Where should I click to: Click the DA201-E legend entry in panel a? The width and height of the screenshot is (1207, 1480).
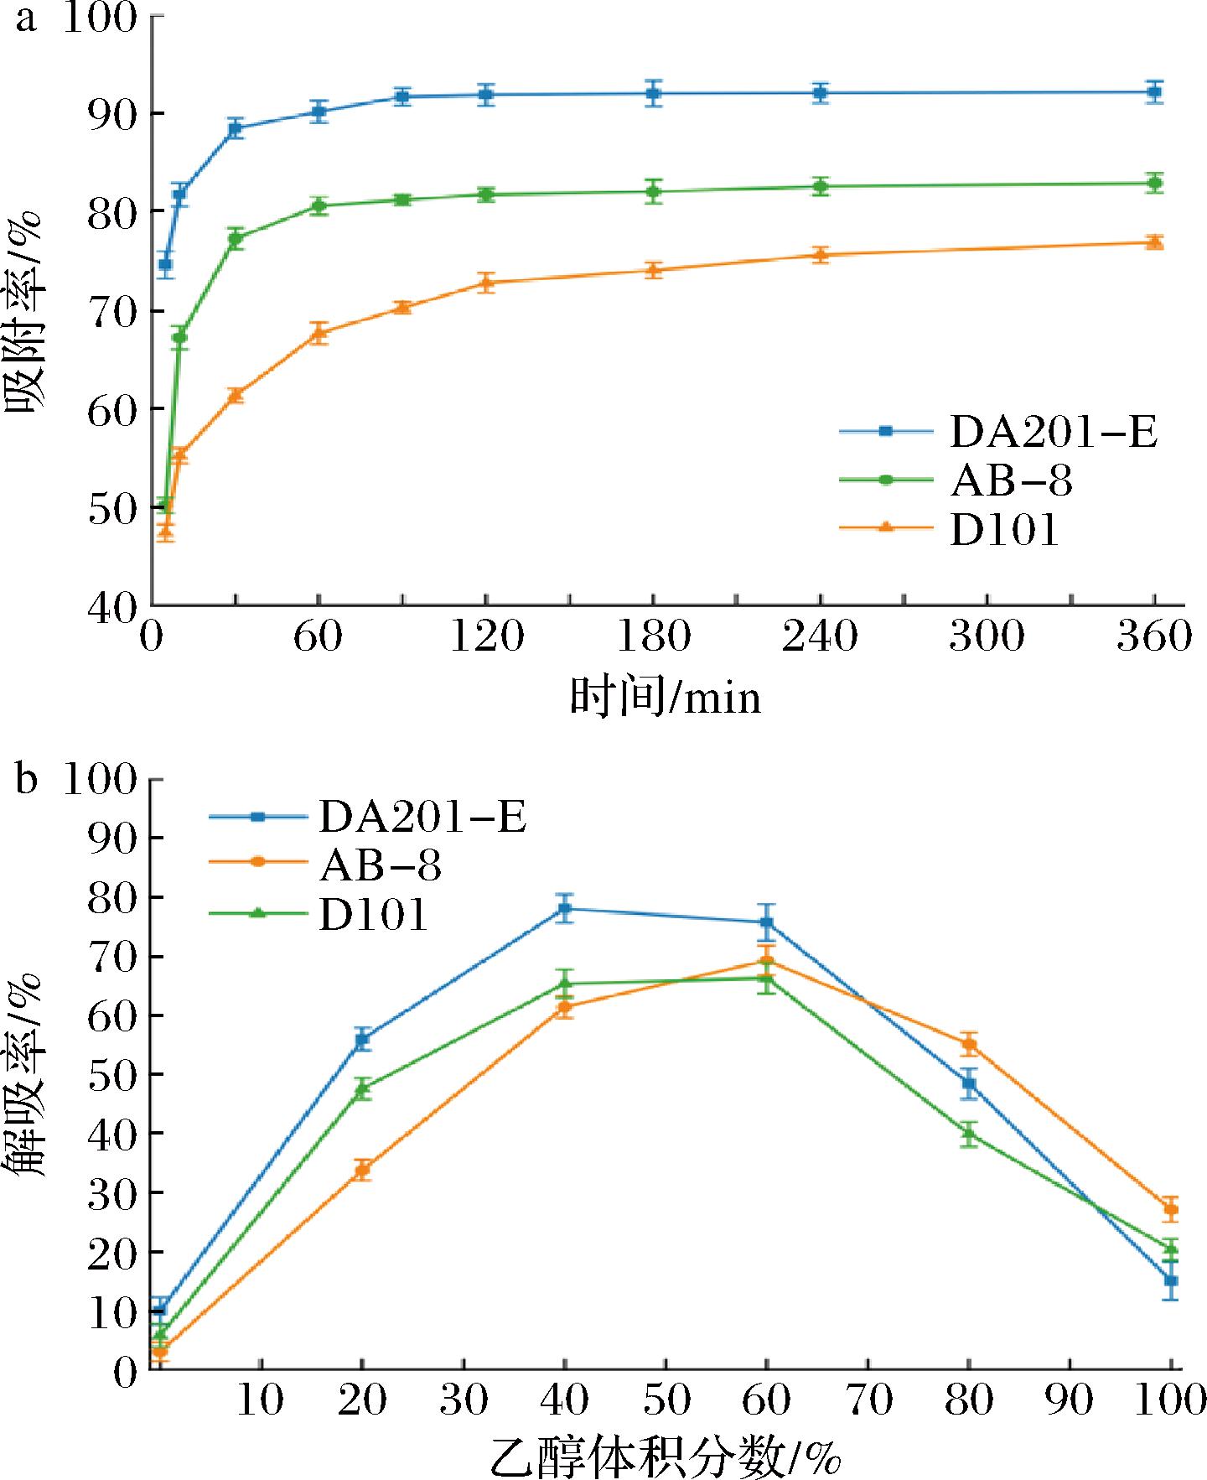(x=1053, y=432)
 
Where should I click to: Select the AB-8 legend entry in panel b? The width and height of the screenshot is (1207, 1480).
(x=380, y=865)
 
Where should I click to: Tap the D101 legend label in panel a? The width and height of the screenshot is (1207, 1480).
(x=1004, y=530)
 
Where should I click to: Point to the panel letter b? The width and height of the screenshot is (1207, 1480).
(x=26, y=782)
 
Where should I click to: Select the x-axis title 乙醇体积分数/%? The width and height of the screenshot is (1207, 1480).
(x=664, y=1457)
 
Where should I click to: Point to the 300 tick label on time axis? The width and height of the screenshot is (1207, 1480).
(x=987, y=638)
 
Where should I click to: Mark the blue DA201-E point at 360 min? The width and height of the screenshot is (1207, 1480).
(x=1154, y=91)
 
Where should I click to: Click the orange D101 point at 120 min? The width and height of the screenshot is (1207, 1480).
(x=485, y=283)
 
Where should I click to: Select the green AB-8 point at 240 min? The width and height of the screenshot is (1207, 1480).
(x=820, y=186)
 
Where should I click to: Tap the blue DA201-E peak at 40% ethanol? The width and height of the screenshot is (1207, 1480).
(x=565, y=908)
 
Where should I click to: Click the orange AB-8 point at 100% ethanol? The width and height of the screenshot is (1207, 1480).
(x=1171, y=1209)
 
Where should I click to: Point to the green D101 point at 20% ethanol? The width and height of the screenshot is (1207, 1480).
(x=362, y=1089)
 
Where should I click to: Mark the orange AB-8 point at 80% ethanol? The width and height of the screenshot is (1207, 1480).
(x=969, y=1045)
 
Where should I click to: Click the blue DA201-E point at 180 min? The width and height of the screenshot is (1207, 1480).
(x=653, y=93)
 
